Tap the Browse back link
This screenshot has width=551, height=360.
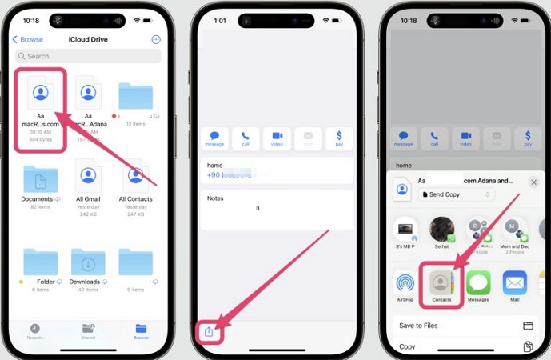[x=28, y=39]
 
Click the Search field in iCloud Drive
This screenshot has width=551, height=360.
[x=88, y=56]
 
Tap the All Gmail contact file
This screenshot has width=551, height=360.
[x=88, y=176]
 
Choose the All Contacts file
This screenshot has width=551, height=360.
[x=135, y=176]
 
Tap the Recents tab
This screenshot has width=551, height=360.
[x=35, y=330]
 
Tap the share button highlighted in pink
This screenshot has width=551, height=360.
[x=209, y=331]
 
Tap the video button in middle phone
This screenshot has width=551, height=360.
[x=277, y=138]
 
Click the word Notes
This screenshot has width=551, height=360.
[x=215, y=198]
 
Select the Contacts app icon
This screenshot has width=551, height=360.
[x=441, y=283]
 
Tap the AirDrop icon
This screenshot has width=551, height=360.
[x=405, y=283]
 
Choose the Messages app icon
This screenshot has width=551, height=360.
[x=478, y=283]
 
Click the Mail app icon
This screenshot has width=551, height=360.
[x=514, y=283]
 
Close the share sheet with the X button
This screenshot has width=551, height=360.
[x=533, y=182]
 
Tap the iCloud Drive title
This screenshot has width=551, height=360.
[x=88, y=39]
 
